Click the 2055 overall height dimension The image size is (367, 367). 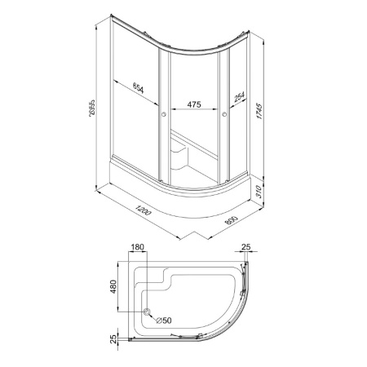tap(92, 108)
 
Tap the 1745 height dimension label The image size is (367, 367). tap(259, 111)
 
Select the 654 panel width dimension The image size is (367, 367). tap(139, 88)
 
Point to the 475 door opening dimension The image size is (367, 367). tap(194, 104)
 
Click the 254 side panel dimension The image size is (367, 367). tap(239, 96)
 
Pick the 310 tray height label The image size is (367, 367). tap(259, 192)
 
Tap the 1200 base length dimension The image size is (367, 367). tap(143, 210)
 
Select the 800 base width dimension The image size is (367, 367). tap(232, 219)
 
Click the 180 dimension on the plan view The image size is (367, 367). tap(137, 247)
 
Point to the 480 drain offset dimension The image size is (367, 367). tap(113, 286)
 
